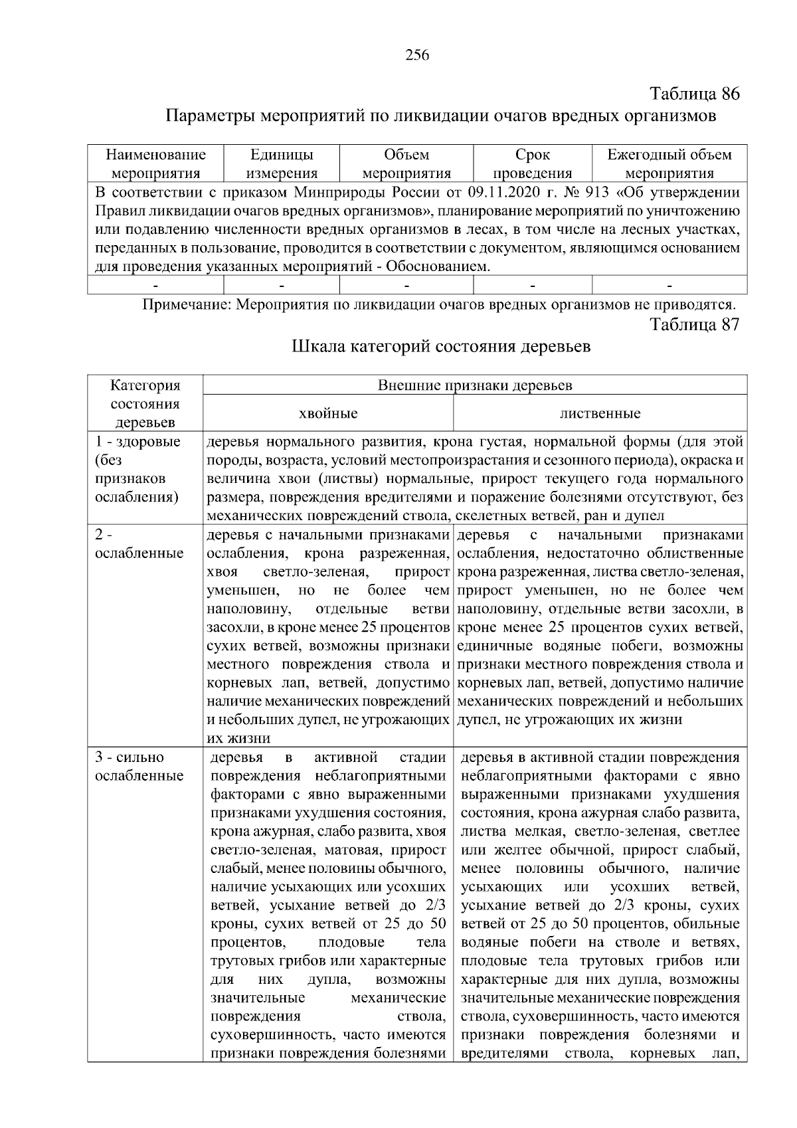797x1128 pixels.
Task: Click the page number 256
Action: [x=417, y=55]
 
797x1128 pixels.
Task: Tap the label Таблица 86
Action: [x=694, y=94]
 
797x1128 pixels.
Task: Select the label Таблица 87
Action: [x=694, y=324]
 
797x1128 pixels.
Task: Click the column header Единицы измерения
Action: [x=282, y=164]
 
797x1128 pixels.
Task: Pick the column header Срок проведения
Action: [x=533, y=164]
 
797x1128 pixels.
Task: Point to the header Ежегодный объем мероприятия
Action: [x=669, y=164]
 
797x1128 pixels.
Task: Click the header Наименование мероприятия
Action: [x=156, y=164]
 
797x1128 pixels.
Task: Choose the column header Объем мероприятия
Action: [x=406, y=164]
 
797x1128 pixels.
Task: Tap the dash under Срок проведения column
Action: [x=533, y=286]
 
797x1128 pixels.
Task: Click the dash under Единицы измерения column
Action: [x=282, y=286]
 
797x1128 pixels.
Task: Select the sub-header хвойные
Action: [x=328, y=413]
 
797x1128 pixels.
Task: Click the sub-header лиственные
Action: [x=600, y=413]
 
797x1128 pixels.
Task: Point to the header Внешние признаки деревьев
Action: [x=475, y=385]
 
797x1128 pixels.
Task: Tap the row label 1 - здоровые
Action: [x=137, y=442]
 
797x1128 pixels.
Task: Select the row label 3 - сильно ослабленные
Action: [x=139, y=767]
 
